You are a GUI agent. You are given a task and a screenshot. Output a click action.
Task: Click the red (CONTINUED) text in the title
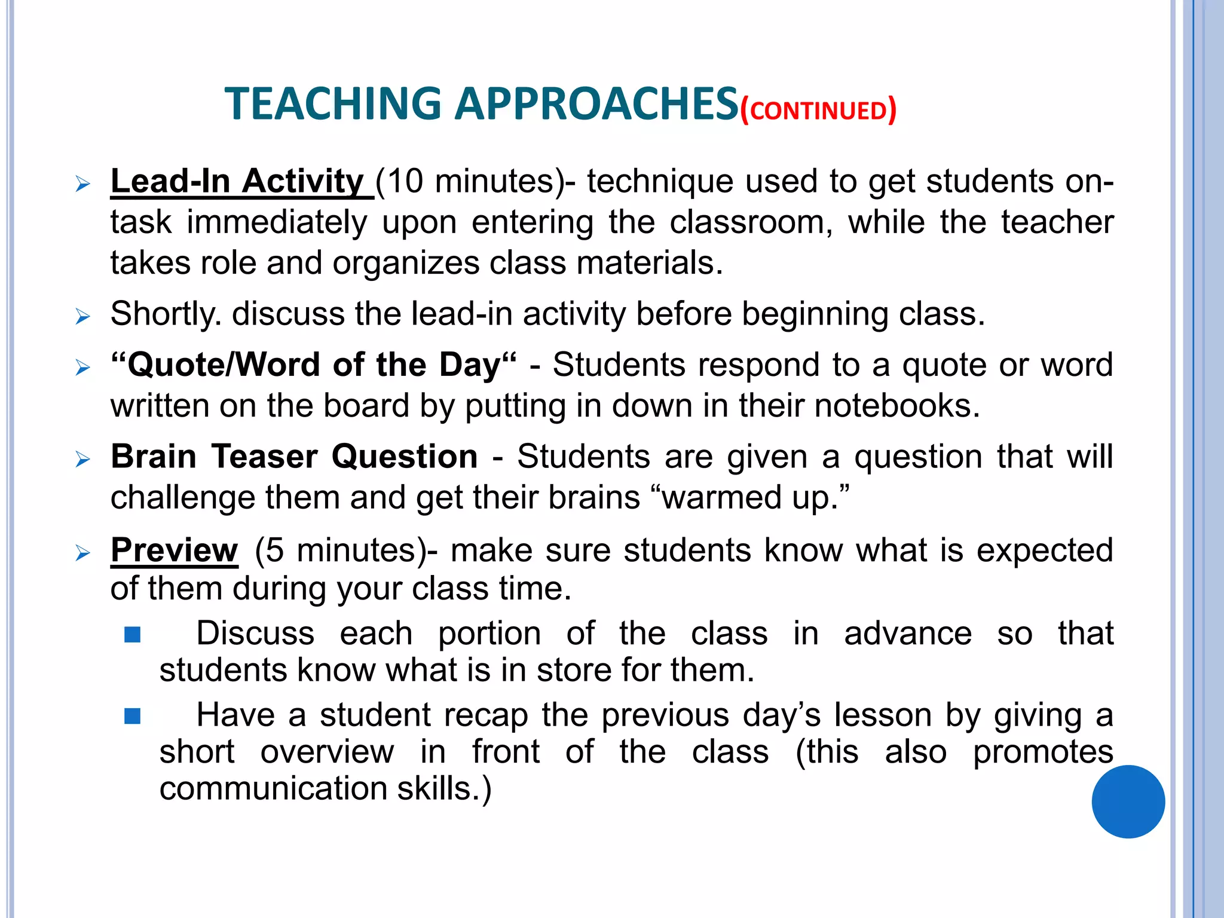pos(818,111)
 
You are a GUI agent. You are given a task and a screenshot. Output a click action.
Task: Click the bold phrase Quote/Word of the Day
pos(313,365)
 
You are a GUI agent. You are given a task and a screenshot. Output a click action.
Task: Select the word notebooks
pos(896,406)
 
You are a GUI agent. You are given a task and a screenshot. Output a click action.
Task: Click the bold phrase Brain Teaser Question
pos(294,457)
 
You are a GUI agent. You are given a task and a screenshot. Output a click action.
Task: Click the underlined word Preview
pos(175,550)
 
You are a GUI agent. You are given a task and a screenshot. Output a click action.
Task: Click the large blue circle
pos(1128,801)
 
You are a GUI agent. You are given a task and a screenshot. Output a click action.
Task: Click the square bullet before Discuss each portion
pos(132,634)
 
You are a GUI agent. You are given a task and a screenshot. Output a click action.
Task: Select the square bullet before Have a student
pos(132,715)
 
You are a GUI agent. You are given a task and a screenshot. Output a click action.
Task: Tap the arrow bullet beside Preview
pos(83,553)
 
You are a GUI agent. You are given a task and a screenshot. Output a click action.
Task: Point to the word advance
pos(907,634)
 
